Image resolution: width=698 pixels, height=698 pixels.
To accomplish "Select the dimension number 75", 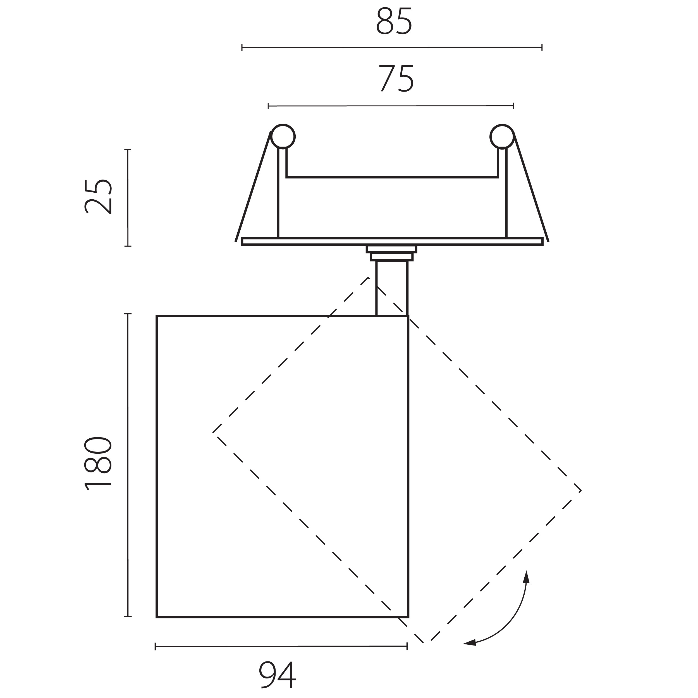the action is pos(396,78).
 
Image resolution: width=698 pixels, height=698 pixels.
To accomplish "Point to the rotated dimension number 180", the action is pos(98,463).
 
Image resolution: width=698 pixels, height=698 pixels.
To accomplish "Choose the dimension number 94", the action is pos(278,675).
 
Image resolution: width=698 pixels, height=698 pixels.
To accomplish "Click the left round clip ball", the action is pos(283,137).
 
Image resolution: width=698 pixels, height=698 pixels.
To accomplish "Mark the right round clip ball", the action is pos(502,137).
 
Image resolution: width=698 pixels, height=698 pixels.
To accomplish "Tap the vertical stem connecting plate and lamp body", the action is pos(392,288).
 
